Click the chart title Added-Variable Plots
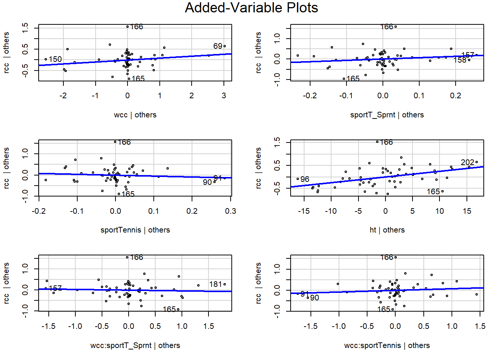click(x=251, y=8)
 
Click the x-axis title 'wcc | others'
click(x=135, y=115)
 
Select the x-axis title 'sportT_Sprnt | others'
click(x=387, y=115)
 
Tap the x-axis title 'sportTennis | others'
click(x=135, y=230)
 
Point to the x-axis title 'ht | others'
click(x=387, y=230)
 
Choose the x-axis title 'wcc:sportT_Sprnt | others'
click(x=135, y=345)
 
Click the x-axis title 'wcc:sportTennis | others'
click(x=387, y=345)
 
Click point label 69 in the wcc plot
click(x=217, y=46)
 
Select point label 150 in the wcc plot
click(x=55, y=59)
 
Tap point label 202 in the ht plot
click(x=467, y=162)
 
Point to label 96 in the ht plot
click(x=304, y=179)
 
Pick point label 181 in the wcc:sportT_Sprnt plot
click(x=216, y=284)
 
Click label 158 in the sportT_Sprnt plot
click(x=459, y=60)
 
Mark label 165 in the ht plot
click(x=433, y=192)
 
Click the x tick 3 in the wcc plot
click(x=224, y=96)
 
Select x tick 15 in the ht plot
click(x=467, y=211)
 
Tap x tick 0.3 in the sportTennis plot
click(x=231, y=211)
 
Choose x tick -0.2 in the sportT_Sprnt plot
click(x=310, y=96)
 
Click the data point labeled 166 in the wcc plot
click(x=127, y=27)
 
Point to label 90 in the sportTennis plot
click(x=207, y=182)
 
